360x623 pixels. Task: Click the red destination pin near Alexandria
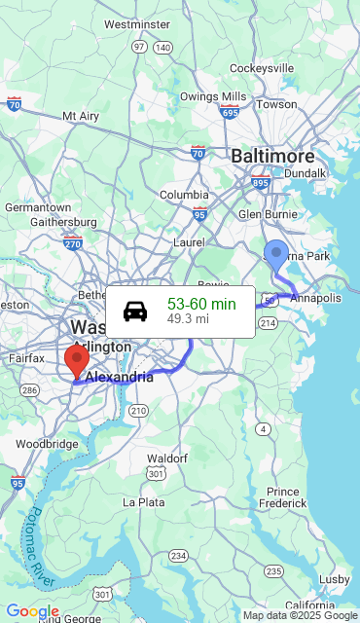pyautogui.click(x=77, y=360)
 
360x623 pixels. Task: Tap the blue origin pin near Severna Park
pyautogui.click(x=276, y=255)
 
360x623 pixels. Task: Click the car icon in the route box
pyautogui.click(x=135, y=311)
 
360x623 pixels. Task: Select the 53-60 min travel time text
pyautogui.click(x=201, y=304)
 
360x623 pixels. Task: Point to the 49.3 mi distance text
pyautogui.click(x=188, y=318)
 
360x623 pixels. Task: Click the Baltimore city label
pyautogui.click(x=272, y=156)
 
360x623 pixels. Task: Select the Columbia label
pyautogui.click(x=184, y=195)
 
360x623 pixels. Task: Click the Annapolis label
pyautogui.click(x=315, y=298)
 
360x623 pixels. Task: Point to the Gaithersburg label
pyautogui.click(x=64, y=222)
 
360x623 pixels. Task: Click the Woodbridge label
pyautogui.click(x=47, y=444)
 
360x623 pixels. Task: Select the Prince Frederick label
pyautogui.click(x=283, y=497)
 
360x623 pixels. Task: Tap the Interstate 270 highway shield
pyautogui.click(x=72, y=244)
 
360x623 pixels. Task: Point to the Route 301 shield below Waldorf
pyautogui.click(x=156, y=473)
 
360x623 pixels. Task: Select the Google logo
pyautogui.click(x=32, y=611)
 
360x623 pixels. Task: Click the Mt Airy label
pyautogui.click(x=81, y=116)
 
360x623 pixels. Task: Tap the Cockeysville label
pyautogui.click(x=262, y=68)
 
